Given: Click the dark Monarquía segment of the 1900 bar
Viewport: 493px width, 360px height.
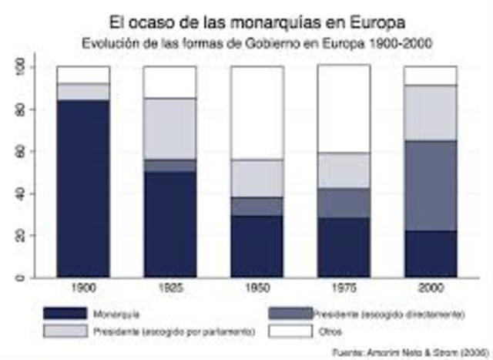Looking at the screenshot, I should coord(82,187).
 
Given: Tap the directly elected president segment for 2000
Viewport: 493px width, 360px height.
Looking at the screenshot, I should coord(431,185).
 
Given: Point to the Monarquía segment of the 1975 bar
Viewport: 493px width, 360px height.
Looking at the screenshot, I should coord(344,247).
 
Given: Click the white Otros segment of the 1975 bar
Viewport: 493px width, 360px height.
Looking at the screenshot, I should coord(344,109).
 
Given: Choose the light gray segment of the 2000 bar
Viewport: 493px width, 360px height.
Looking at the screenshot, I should coord(431,113).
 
